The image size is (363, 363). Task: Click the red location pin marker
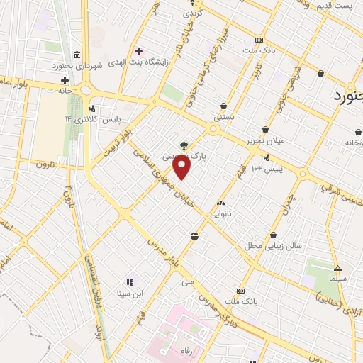183,167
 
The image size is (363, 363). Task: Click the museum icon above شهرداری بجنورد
77,55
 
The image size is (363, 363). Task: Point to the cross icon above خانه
65,80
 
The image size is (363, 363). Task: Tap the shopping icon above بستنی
224,105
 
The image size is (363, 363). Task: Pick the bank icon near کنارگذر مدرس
240,290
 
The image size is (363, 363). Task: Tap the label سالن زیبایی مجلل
273,245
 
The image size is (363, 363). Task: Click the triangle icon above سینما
337,269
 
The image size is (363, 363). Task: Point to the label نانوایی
221,213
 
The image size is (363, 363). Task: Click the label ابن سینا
130,292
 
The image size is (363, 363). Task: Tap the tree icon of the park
184,145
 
